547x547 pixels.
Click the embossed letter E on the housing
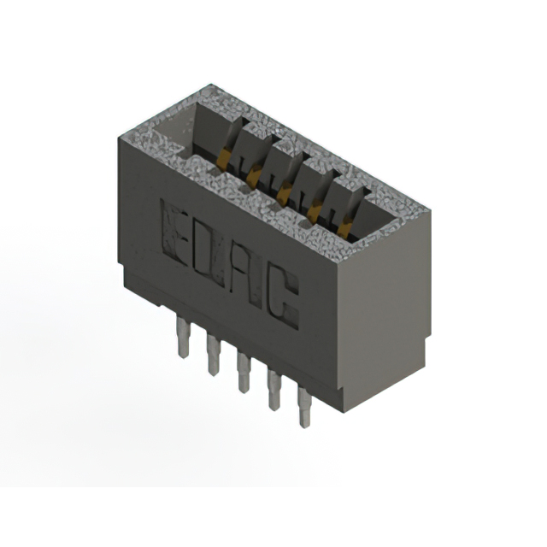point(177,232)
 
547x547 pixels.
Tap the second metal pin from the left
point(213,355)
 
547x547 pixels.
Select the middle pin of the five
point(244,372)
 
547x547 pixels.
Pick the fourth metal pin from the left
point(274,390)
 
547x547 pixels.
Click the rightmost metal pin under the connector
point(304,407)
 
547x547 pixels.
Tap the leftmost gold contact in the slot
point(223,160)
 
